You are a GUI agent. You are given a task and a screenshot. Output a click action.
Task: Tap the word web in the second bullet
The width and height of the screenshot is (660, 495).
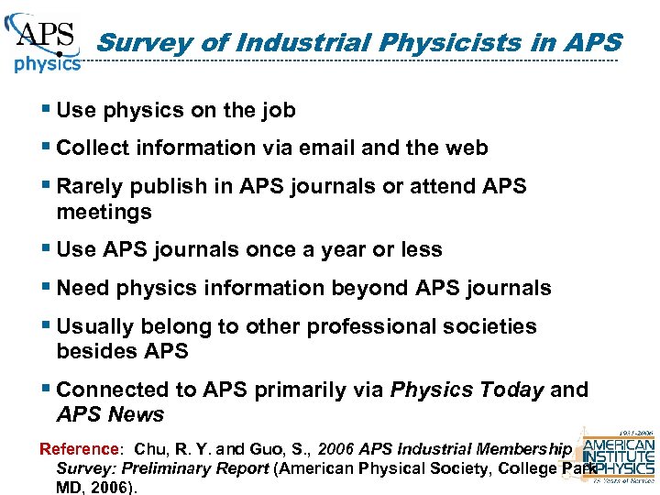[x=467, y=148]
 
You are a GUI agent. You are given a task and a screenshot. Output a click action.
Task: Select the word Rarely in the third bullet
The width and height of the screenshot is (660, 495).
[x=89, y=186]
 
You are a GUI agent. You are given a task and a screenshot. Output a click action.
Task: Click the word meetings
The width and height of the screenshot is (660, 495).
[x=103, y=212]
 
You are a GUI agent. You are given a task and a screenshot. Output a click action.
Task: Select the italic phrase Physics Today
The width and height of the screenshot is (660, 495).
[x=467, y=390]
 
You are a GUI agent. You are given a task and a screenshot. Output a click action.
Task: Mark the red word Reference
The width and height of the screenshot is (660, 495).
[x=79, y=449]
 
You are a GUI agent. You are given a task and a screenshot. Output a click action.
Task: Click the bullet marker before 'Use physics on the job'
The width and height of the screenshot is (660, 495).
[x=46, y=110]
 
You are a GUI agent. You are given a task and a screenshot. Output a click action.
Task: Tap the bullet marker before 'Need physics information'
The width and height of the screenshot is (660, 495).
[x=46, y=287]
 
